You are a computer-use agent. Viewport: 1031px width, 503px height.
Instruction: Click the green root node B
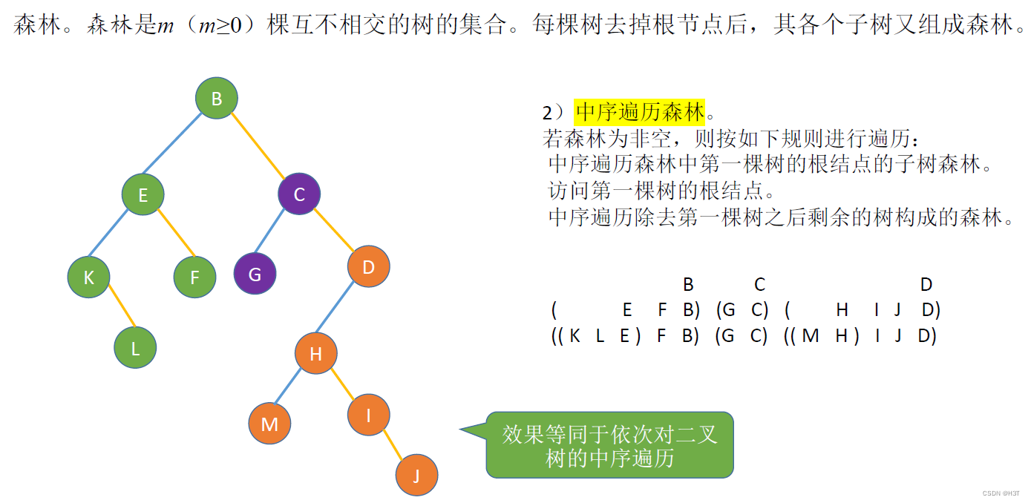coord(217,99)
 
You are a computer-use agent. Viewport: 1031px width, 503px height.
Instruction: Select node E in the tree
coord(143,194)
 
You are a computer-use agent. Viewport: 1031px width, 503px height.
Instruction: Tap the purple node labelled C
coord(299,194)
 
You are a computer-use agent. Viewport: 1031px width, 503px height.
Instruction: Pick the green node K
coord(89,277)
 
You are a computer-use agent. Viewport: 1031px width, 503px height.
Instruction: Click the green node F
coord(194,277)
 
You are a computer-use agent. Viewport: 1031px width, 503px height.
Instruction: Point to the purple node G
coord(255,274)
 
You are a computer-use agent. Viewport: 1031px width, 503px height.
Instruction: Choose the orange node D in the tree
coord(368,267)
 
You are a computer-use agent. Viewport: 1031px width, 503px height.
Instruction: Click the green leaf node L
coord(136,348)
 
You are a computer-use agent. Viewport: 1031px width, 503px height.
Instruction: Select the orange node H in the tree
coord(316,354)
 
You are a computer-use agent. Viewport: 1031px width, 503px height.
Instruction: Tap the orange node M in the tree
coord(270,424)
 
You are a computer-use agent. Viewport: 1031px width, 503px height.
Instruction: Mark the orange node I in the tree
coord(368,415)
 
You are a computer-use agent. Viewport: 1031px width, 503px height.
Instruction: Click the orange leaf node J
coord(416,475)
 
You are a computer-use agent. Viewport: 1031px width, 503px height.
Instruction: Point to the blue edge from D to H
coord(342,310)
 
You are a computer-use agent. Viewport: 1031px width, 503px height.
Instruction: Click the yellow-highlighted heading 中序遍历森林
coord(640,113)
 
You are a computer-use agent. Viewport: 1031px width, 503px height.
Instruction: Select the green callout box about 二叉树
coord(609,445)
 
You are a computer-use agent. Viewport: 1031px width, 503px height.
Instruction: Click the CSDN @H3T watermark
coord(1001,493)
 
